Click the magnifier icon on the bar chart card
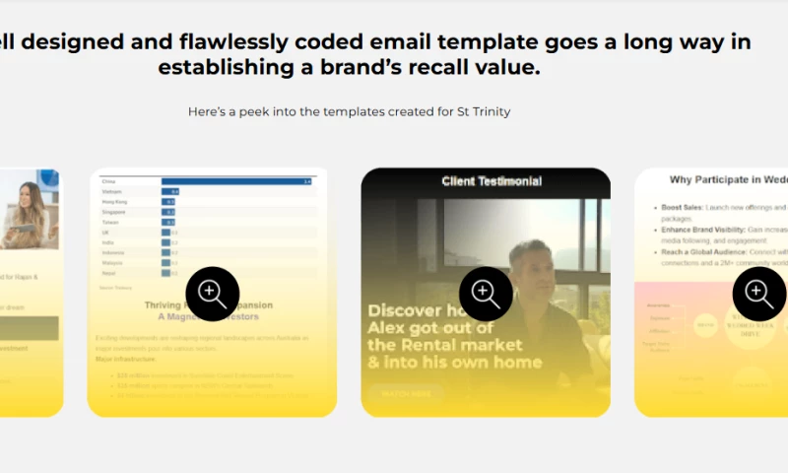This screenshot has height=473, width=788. [x=213, y=294]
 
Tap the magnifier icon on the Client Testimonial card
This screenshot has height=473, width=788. [x=486, y=294]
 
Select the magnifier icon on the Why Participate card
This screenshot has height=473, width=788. [x=759, y=294]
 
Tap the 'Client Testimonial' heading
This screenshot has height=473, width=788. [x=492, y=181]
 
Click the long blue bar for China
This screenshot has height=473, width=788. [x=236, y=181]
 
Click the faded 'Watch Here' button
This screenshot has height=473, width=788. [x=406, y=392]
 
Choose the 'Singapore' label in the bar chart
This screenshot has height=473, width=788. [x=114, y=212]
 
